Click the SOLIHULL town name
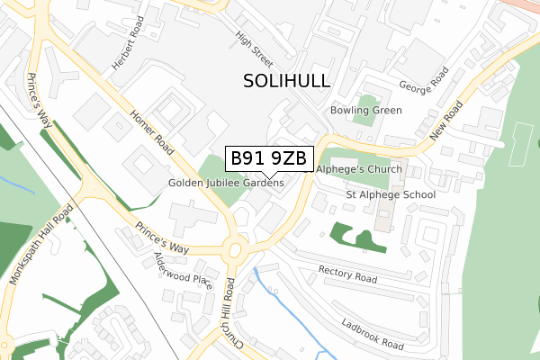(x=287, y=81)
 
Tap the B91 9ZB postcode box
(x=269, y=158)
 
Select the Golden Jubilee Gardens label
(x=226, y=183)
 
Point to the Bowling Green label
(x=365, y=110)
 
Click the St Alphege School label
(x=391, y=194)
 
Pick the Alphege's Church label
(x=358, y=168)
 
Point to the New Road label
(x=446, y=121)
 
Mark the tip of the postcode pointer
(x=269, y=177)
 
